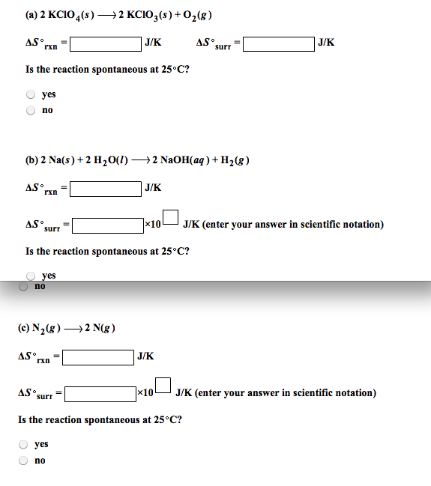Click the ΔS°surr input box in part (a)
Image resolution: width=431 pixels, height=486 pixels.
[277, 43]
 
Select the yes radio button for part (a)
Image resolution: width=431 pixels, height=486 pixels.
[31, 95]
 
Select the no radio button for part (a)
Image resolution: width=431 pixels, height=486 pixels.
[31, 110]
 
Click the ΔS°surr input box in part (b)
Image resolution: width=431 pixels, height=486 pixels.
[107, 225]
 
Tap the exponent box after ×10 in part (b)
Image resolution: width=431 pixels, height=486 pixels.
[170, 218]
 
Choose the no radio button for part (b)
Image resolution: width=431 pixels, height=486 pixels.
[24, 286]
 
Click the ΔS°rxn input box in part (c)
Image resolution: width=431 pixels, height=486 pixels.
[98, 356]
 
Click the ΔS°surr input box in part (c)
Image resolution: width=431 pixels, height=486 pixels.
[100, 393]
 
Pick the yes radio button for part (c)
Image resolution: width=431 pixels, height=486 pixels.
[24, 445]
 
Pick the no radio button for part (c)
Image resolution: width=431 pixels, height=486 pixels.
[24, 461]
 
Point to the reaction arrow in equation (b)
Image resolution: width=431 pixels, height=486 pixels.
[139, 160]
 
